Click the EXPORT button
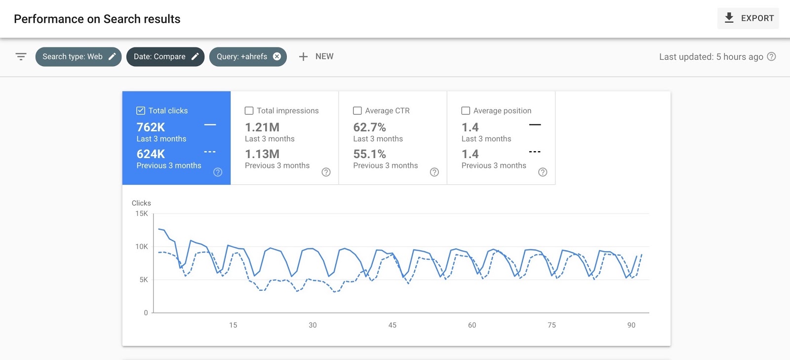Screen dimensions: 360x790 coord(748,18)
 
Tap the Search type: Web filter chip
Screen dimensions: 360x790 coord(78,57)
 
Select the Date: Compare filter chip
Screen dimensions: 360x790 coord(165,57)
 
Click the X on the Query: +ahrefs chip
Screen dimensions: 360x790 coord(277,56)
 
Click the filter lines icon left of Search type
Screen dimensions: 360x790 coord(21,57)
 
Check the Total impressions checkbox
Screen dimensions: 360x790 coord(249,111)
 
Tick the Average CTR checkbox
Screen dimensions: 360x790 coord(357,111)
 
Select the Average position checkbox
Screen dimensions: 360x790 coord(466,111)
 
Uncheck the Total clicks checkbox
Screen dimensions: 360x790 coord(141,111)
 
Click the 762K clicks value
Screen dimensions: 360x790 coord(151,127)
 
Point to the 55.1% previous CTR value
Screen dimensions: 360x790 coord(369,154)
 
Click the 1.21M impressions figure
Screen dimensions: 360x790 coord(262,127)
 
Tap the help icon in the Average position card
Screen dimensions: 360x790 coord(543,172)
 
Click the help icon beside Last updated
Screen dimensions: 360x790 coord(772,57)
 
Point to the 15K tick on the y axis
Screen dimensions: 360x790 coord(142,214)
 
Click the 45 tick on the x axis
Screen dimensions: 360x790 coord(393,325)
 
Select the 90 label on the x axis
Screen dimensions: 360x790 coord(631,325)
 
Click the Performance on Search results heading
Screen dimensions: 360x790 coord(97,19)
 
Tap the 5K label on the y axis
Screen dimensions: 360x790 coord(144,280)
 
